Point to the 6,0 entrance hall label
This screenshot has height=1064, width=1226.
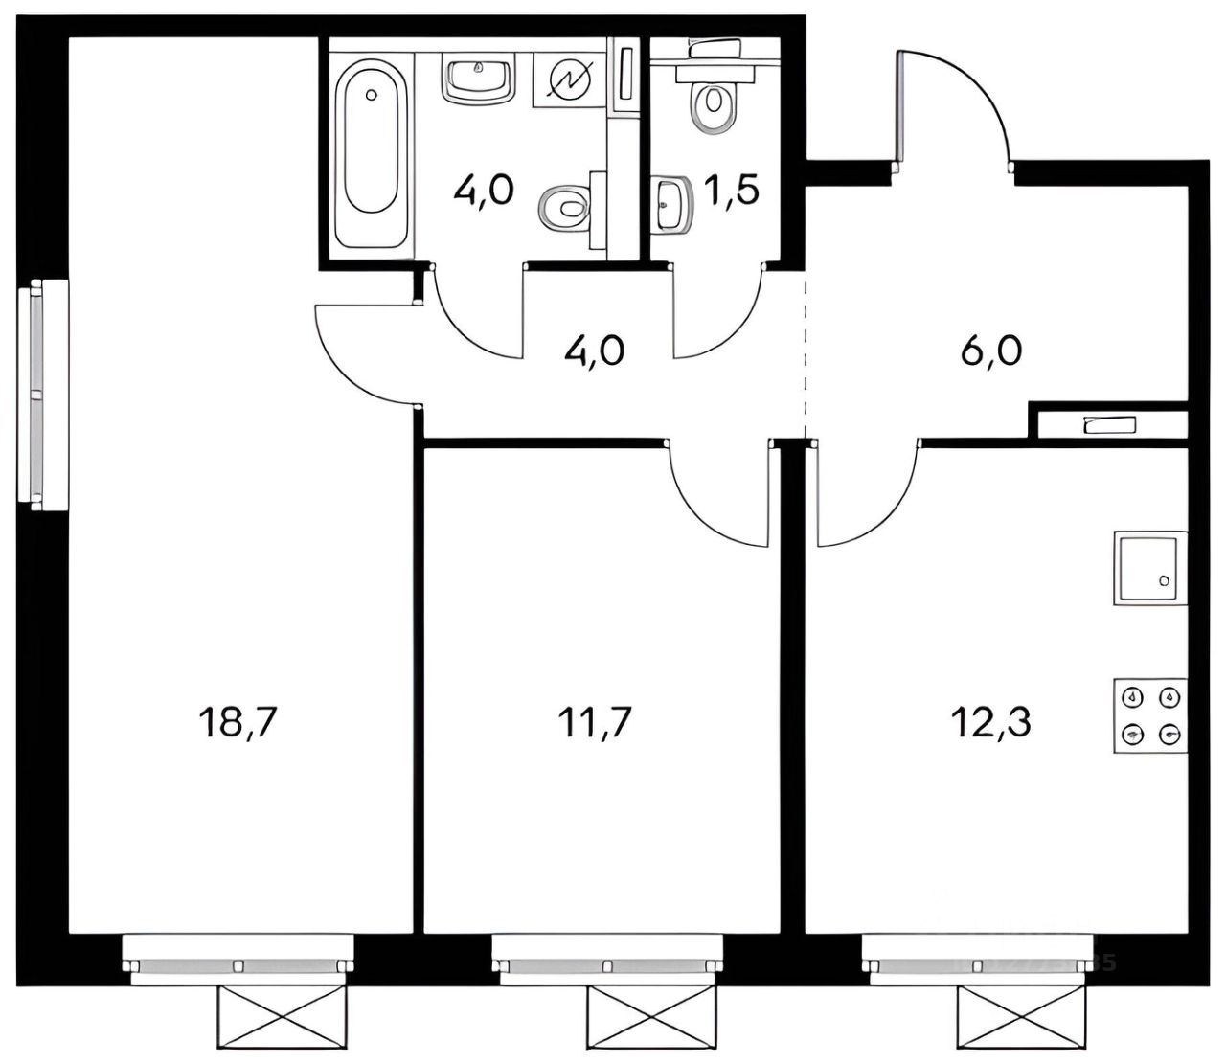(x=990, y=351)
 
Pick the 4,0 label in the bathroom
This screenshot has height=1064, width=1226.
(x=484, y=190)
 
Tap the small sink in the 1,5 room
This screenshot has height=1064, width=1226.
(x=673, y=203)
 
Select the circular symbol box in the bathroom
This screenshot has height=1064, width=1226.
(x=569, y=78)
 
